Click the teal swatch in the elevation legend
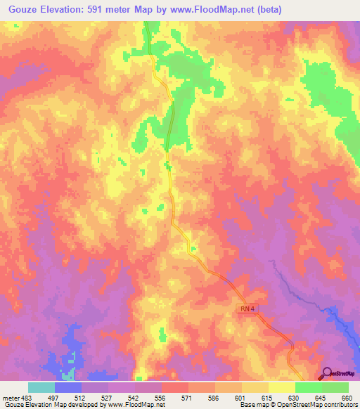(x=41, y=388)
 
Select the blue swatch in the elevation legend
(x=68, y=388)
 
